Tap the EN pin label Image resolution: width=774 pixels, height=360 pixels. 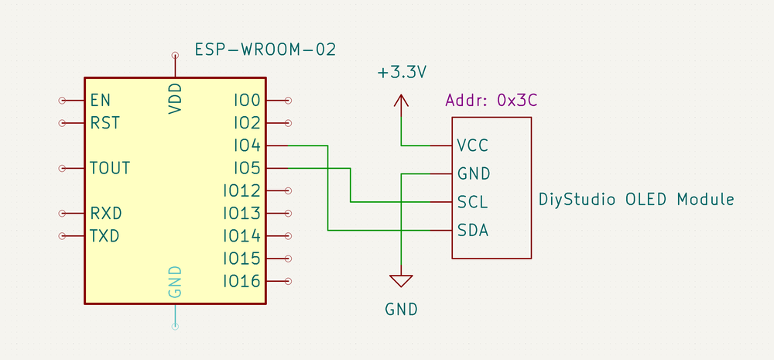(100, 100)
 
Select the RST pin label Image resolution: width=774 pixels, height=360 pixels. (104, 122)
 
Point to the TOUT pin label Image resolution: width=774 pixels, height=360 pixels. (110, 168)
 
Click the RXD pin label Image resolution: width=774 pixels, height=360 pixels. (106, 213)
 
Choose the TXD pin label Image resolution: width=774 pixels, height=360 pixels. (105, 235)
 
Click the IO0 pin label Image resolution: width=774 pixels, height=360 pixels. (247, 100)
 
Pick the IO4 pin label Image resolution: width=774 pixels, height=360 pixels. (247, 145)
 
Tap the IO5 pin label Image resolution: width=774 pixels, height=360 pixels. (247, 168)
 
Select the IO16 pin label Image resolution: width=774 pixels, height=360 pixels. (241, 280)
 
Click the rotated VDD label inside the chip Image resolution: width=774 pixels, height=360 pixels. (176, 99)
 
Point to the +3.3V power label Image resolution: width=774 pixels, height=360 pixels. (402, 74)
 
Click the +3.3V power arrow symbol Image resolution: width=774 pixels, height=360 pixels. (401, 101)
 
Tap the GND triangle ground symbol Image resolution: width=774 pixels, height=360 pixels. (401, 280)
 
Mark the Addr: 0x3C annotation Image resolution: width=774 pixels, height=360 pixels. (491, 101)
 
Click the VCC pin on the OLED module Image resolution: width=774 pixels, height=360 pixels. (472, 145)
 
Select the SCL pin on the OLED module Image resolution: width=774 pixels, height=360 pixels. (472, 202)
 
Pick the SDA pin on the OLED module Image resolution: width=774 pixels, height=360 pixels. (472, 230)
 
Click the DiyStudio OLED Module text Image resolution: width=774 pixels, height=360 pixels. (636, 200)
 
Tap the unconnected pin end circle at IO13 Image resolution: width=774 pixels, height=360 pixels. (289, 213)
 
